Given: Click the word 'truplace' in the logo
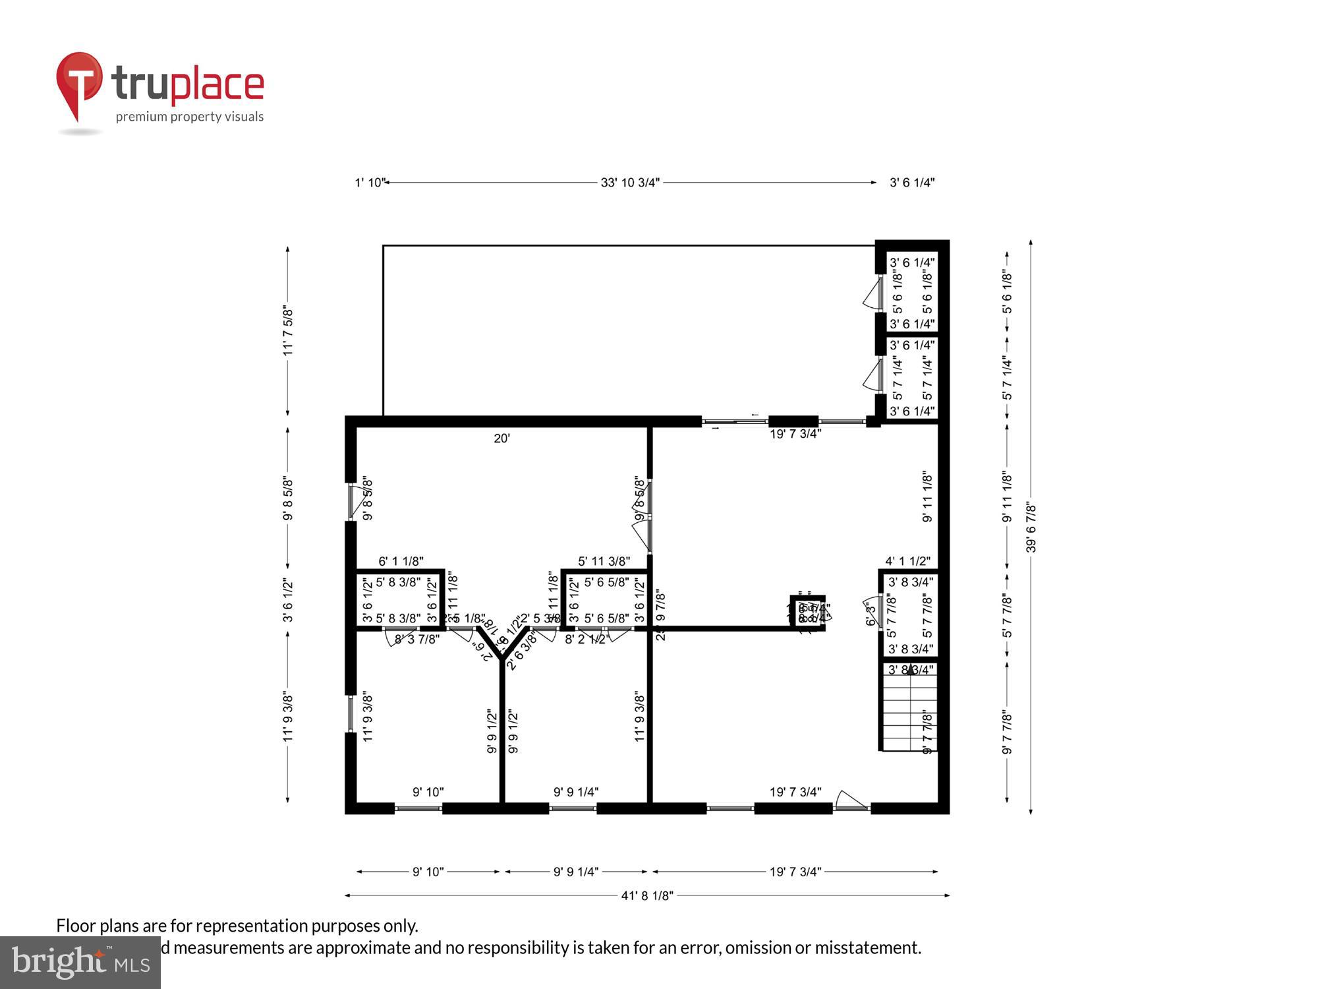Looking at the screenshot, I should tap(188, 84).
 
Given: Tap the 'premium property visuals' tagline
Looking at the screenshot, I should tap(190, 117).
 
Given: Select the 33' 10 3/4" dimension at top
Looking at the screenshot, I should tap(629, 183).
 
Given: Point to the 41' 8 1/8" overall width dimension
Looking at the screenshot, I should tap(646, 895).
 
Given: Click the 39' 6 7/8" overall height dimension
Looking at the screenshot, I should tap(1031, 527).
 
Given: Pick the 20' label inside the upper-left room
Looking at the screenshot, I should tap(501, 438).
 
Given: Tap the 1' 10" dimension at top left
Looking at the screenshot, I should tap(369, 183).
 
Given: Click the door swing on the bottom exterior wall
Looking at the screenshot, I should tap(850, 800).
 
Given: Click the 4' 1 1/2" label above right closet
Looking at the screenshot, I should tap(907, 561).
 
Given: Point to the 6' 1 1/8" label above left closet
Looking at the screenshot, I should tap(401, 561).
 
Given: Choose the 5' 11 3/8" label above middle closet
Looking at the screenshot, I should tap(604, 561).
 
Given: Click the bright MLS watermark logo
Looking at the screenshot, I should tap(80, 963).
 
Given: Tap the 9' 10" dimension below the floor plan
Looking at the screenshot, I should tap(428, 872).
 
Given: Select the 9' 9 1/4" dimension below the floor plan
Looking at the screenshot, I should tap(575, 872).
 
